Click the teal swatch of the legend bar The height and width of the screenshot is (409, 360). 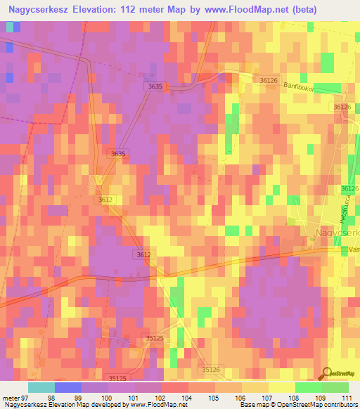pyautogui.click(x=41, y=387)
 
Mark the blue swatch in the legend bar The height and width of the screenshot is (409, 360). pyautogui.click(x=67, y=387)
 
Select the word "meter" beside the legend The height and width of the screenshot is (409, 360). pyautogui.click(x=11, y=398)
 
